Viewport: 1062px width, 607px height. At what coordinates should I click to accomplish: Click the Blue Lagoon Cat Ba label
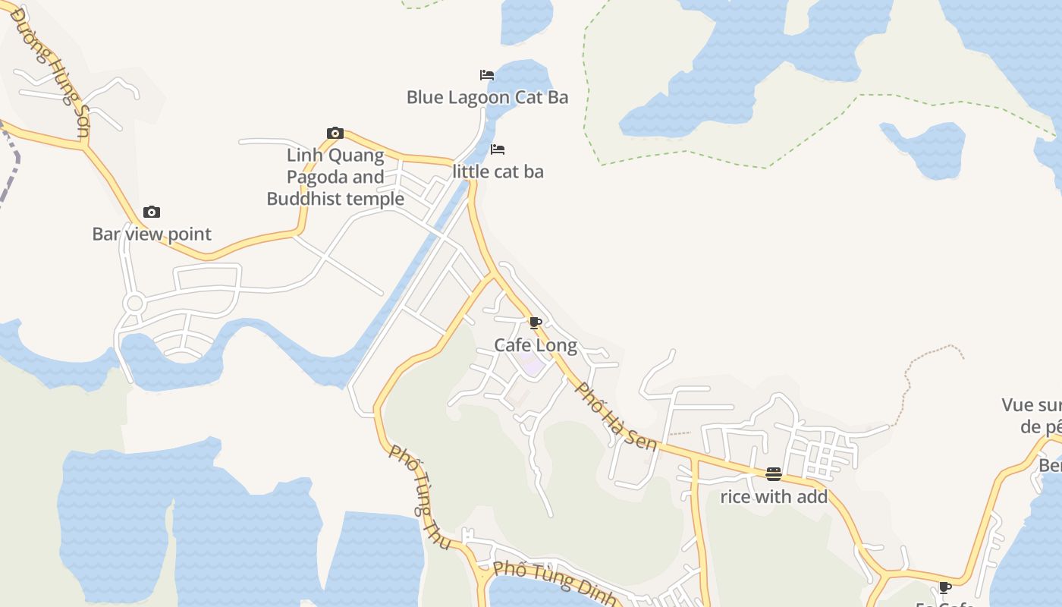(487, 97)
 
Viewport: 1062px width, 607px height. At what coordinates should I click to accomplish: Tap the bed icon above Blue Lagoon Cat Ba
(487, 75)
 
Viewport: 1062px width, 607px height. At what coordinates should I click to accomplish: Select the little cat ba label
(498, 171)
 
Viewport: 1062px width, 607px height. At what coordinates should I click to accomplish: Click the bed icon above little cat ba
(498, 149)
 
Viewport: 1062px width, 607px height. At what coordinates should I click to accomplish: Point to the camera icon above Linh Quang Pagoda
(335, 134)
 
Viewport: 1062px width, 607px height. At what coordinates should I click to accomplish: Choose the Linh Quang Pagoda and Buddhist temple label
(335, 178)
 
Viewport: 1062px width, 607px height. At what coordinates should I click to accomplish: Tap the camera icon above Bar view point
(152, 212)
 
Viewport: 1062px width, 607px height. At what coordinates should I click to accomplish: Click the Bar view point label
(152, 234)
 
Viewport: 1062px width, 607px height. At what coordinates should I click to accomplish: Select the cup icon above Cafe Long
(535, 323)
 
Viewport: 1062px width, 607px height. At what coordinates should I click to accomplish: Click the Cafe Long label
(536, 345)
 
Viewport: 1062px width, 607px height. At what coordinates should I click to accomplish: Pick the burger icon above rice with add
(774, 474)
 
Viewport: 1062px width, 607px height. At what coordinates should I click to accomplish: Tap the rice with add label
(774, 497)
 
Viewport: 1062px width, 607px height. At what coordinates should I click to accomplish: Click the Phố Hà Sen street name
(616, 416)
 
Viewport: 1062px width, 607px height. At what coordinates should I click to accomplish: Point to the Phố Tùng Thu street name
(419, 497)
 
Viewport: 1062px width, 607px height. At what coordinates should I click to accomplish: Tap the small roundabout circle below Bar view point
(135, 304)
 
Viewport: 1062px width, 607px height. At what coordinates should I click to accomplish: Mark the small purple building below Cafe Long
(533, 366)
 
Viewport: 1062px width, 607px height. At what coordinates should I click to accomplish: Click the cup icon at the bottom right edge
(945, 587)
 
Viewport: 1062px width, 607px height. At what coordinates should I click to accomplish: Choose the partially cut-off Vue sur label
(1032, 415)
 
